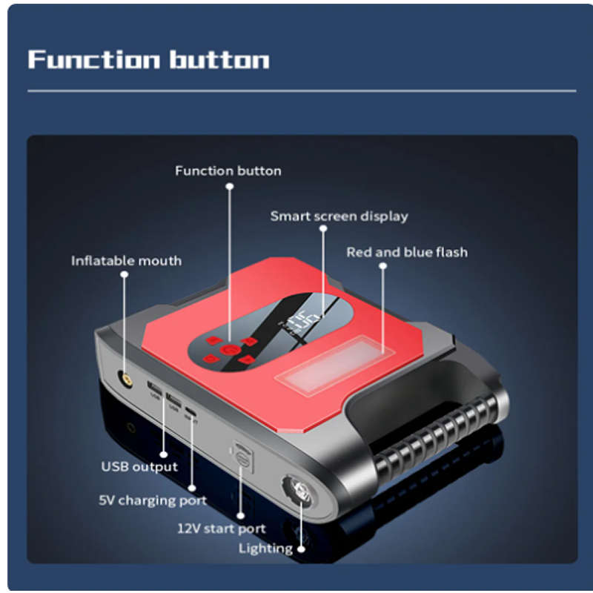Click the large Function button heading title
tap(148, 59)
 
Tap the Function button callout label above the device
tap(228, 171)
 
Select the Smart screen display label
tap(339, 216)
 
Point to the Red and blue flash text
tap(407, 252)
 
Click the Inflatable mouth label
tap(126, 261)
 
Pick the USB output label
tap(139, 466)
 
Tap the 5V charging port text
tap(153, 500)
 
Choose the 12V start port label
tap(221, 529)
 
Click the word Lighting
tap(265, 549)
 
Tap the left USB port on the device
tap(155, 388)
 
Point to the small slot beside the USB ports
tap(191, 411)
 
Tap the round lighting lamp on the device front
tap(300, 491)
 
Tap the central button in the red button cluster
tap(229, 350)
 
